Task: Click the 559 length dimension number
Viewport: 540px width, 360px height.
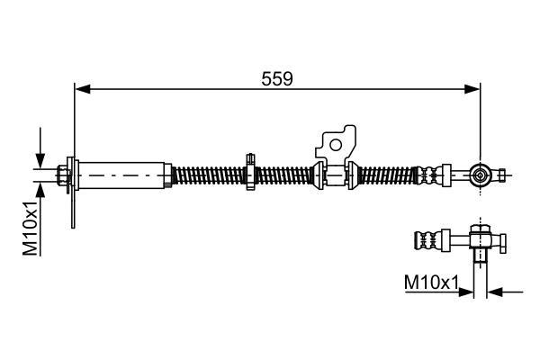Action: point(277,79)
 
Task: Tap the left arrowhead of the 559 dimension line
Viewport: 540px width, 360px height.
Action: point(83,89)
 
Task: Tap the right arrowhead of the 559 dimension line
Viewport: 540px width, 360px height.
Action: point(472,89)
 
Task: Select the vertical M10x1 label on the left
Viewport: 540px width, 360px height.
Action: point(31,228)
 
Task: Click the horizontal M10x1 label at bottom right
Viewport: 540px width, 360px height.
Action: point(431,283)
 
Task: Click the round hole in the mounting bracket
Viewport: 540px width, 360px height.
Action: point(336,145)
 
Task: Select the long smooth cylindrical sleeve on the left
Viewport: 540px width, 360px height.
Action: point(121,175)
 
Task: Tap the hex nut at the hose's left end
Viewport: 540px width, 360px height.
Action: point(62,175)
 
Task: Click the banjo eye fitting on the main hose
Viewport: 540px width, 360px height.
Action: point(480,175)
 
